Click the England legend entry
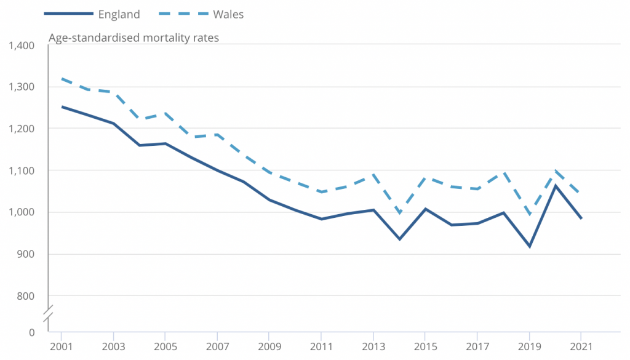coord(119,14)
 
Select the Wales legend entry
coord(228,14)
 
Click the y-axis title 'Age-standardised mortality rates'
coord(134,38)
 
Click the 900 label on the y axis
coord(26,254)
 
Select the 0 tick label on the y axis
coord(32,333)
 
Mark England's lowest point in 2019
coord(529,247)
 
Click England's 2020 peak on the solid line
coord(555,186)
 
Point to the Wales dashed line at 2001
coord(62,79)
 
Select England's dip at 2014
coord(399,239)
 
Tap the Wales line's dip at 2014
coord(399,213)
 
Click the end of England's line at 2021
coord(581,218)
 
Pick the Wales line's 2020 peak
coord(555,171)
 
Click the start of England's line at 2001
coord(62,106)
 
